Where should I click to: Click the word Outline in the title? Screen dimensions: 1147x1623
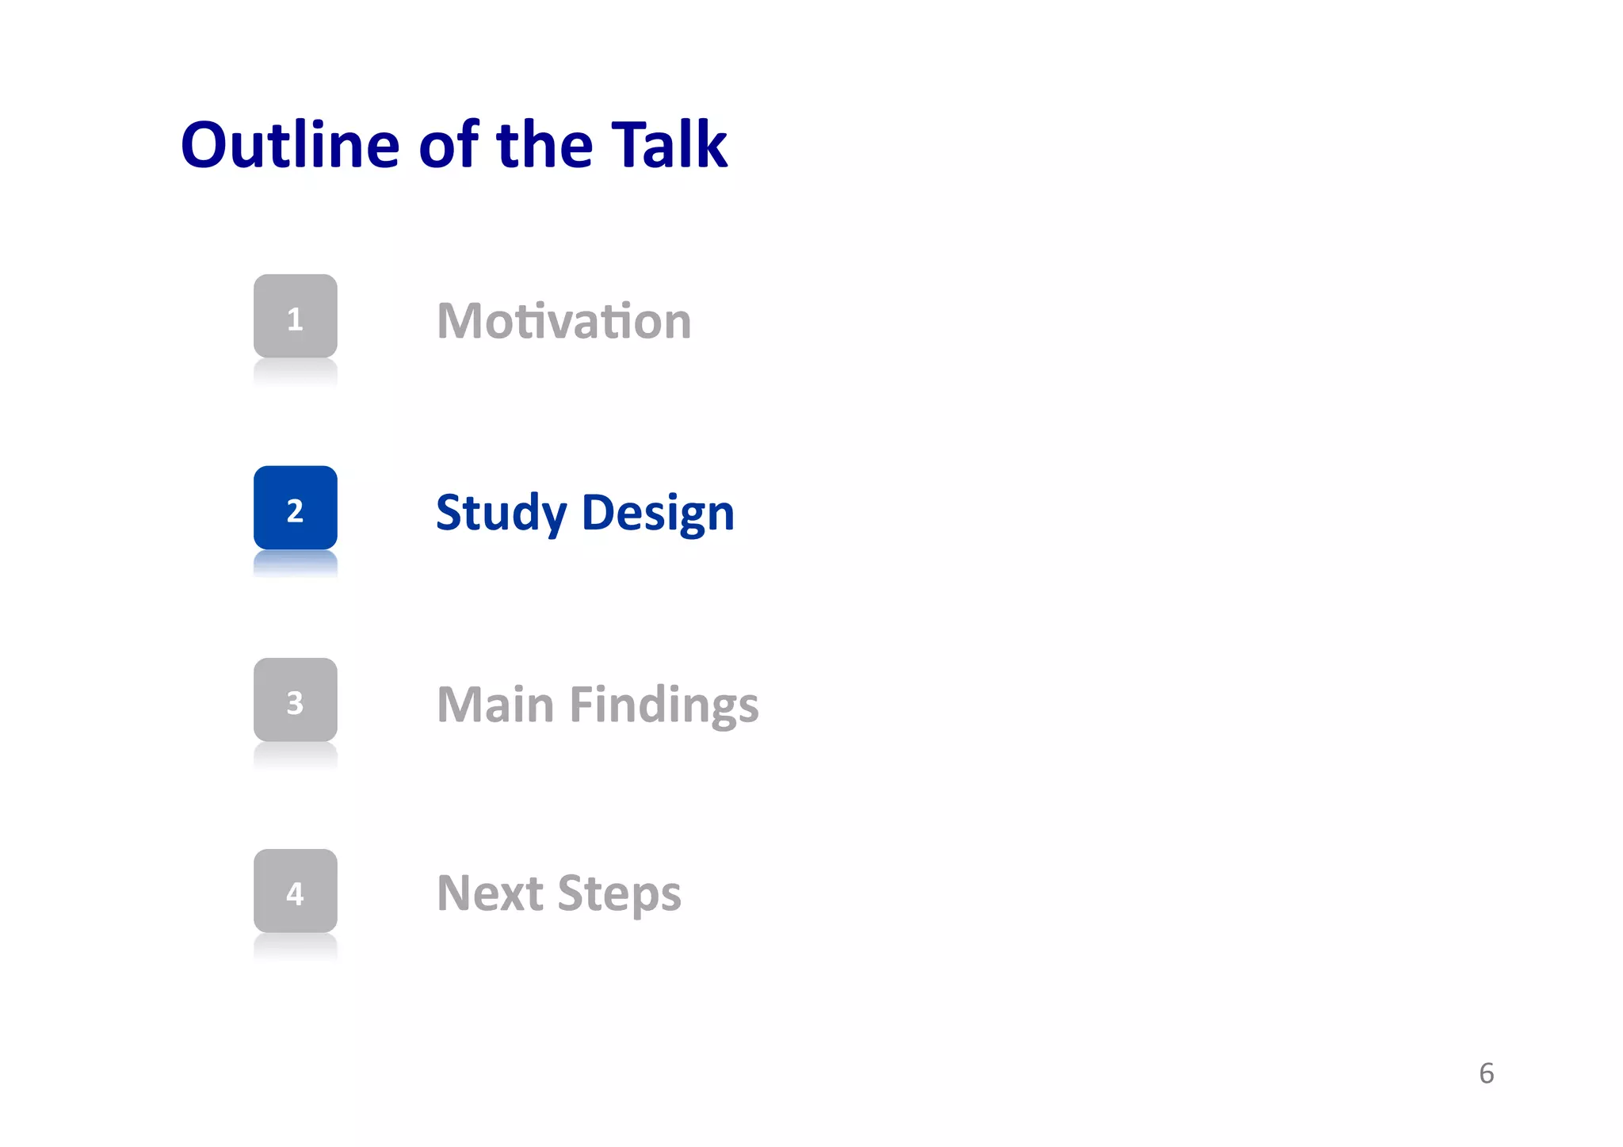[290, 145]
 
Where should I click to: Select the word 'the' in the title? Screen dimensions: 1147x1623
[544, 145]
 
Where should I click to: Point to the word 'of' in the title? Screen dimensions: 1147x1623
[449, 145]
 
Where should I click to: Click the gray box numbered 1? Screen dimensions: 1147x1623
[295, 316]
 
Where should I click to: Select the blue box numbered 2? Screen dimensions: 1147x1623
[295, 508]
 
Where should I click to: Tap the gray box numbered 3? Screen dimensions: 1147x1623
[295, 700]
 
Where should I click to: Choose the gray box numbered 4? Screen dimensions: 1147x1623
[295, 891]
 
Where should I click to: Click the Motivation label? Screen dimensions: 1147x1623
[563, 321]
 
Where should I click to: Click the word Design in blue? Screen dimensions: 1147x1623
[658, 514]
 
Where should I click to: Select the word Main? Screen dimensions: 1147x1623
[495, 705]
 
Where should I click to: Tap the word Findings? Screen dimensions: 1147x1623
[664, 705]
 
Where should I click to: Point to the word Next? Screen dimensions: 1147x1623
[490, 893]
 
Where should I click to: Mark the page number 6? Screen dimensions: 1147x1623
[1486, 1073]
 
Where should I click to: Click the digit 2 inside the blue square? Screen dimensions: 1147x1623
[295, 511]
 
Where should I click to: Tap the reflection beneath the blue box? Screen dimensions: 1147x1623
[295, 564]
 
